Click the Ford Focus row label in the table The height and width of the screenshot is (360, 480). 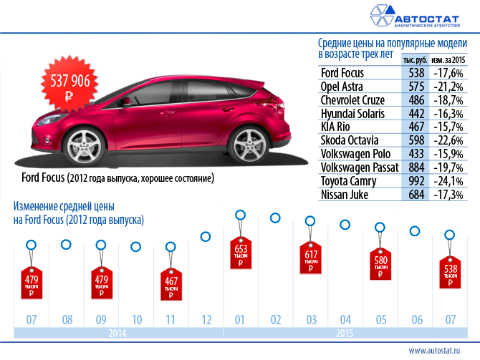tap(342, 73)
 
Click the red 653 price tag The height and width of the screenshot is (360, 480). tap(240, 255)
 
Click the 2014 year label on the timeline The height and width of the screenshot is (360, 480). tap(117, 334)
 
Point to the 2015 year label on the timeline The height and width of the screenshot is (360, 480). tap(345, 334)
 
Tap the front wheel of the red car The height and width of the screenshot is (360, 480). tap(91, 142)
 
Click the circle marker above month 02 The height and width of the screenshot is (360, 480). tap(275, 218)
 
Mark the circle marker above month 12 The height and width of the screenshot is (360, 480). tap(206, 237)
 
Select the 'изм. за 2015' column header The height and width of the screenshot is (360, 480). tap(448, 59)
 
